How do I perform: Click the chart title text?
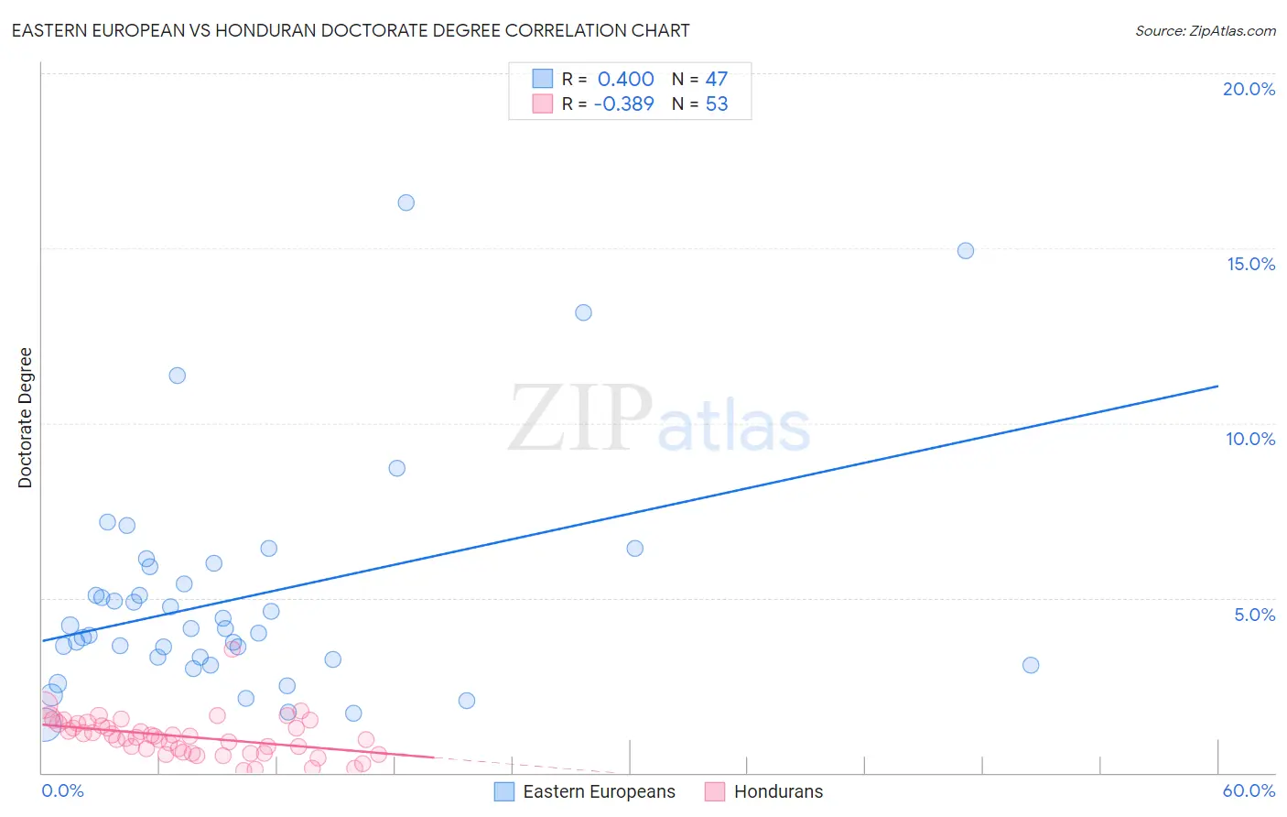point(351,30)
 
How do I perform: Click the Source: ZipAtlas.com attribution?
point(1205,30)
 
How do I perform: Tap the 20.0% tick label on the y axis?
point(1249,89)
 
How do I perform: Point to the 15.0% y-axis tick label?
point(1250,264)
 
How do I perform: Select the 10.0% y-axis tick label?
point(1250,439)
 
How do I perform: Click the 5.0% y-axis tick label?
point(1254,615)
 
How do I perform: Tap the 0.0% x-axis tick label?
point(62,790)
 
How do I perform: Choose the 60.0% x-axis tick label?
point(1249,790)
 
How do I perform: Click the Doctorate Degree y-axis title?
point(25,418)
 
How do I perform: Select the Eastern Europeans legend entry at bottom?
point(599,791)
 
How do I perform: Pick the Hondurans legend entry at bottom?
point(778,791)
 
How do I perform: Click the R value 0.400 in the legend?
point(625,79)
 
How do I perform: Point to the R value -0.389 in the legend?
point(623,103)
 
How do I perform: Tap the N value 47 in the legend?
point(716,79)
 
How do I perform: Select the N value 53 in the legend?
point(716,103)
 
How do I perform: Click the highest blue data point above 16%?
point(406,202)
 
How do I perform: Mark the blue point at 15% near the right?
point(965,250)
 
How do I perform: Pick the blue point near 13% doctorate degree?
point(583,312)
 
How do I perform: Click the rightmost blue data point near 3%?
point(1031,665)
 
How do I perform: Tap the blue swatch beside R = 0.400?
point(543,79)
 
